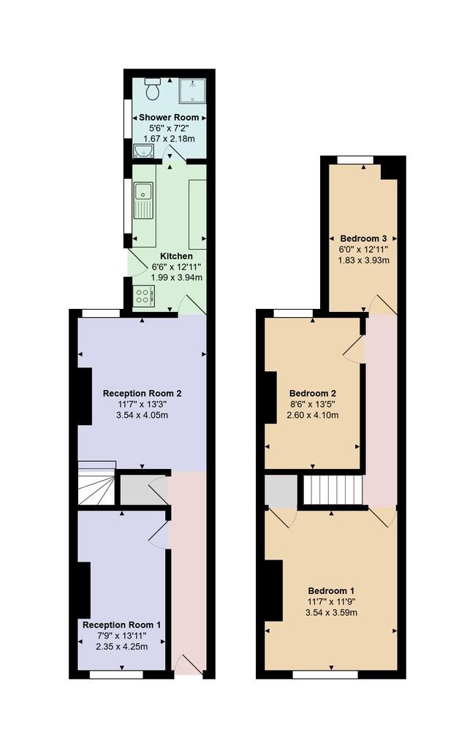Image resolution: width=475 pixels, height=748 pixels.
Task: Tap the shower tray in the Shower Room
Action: pos(192,91)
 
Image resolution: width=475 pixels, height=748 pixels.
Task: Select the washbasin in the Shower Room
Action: pos(142,150)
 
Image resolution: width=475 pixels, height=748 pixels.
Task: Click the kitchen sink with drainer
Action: pos(143,200)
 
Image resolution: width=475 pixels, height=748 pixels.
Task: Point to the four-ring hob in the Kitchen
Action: pos(143,296)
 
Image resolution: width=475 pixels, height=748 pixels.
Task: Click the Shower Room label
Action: pos(169,118)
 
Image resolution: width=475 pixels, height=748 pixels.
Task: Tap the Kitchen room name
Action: pos(176,256)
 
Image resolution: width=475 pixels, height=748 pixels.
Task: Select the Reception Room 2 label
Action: pos(142,394)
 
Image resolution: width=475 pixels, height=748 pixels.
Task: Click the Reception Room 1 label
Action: pos(122,625)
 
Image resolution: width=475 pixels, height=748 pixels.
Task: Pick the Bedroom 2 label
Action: pos(313,394)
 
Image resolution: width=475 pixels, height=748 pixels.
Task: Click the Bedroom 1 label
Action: pos(331,590)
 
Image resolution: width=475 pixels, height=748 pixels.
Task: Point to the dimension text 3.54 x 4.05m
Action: pos(142,415)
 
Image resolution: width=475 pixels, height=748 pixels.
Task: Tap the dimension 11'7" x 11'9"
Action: pos(331,602)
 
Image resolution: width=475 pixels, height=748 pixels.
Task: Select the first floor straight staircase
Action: pos(333,489)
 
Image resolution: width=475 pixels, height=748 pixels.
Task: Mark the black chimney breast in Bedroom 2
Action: pos(271,397)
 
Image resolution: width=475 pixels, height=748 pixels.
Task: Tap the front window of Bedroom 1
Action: pos(325,674)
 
